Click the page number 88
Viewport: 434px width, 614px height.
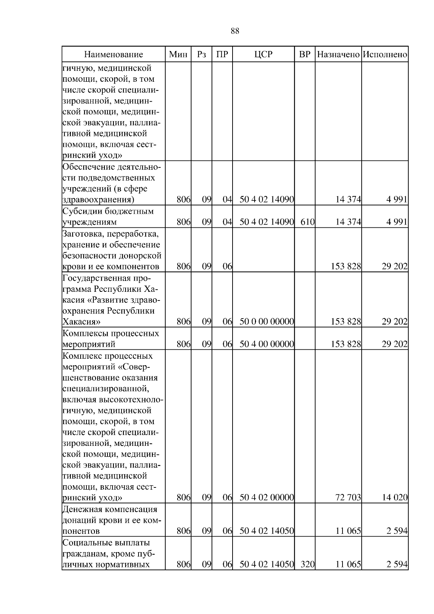235,31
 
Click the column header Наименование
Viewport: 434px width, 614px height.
114,55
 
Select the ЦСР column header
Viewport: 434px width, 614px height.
263,55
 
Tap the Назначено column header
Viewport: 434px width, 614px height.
338,55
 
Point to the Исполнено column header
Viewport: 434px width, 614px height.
385,55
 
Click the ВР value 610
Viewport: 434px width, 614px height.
307,222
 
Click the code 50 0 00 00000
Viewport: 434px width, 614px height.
267,321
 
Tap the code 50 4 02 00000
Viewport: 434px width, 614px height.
267,498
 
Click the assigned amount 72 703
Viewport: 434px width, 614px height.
349,498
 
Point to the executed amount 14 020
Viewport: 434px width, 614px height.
395,498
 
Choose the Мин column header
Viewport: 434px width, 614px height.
178,55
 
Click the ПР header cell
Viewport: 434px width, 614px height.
222,55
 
